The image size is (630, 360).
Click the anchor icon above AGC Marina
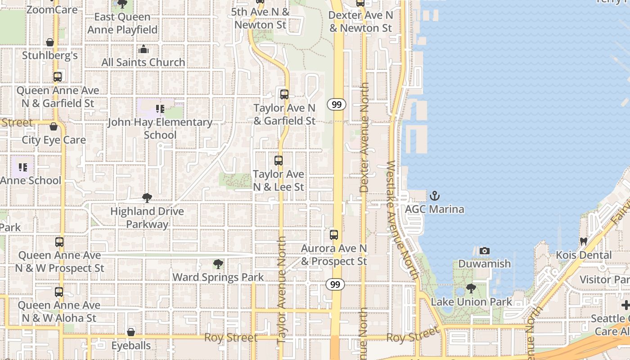point(434,196)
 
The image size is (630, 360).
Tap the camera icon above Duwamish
point(484,251)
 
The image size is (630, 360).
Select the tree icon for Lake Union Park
point(471,288)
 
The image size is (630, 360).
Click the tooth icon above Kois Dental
point(584,242)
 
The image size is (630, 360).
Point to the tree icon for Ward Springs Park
point(218,264)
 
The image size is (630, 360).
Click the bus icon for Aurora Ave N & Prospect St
point(333,234)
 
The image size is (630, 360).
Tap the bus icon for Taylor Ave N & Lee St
point(279,161)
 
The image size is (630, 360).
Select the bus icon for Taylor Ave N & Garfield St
point(284,94)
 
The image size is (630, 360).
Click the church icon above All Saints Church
point(144,49)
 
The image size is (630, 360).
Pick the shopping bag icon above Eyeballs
point(131,332)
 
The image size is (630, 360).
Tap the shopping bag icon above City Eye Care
point(54,126)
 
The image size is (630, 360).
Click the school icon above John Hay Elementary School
point(160,108)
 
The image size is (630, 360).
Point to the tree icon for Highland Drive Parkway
point(147,198)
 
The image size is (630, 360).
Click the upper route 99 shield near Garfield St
point(337,104)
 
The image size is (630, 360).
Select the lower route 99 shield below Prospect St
point(335,284)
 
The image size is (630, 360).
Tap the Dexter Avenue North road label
point(364,137)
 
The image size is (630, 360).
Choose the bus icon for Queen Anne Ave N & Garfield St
point(58,77)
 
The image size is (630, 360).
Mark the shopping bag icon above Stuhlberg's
point(50,42)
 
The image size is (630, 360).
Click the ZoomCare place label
point(52,9)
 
